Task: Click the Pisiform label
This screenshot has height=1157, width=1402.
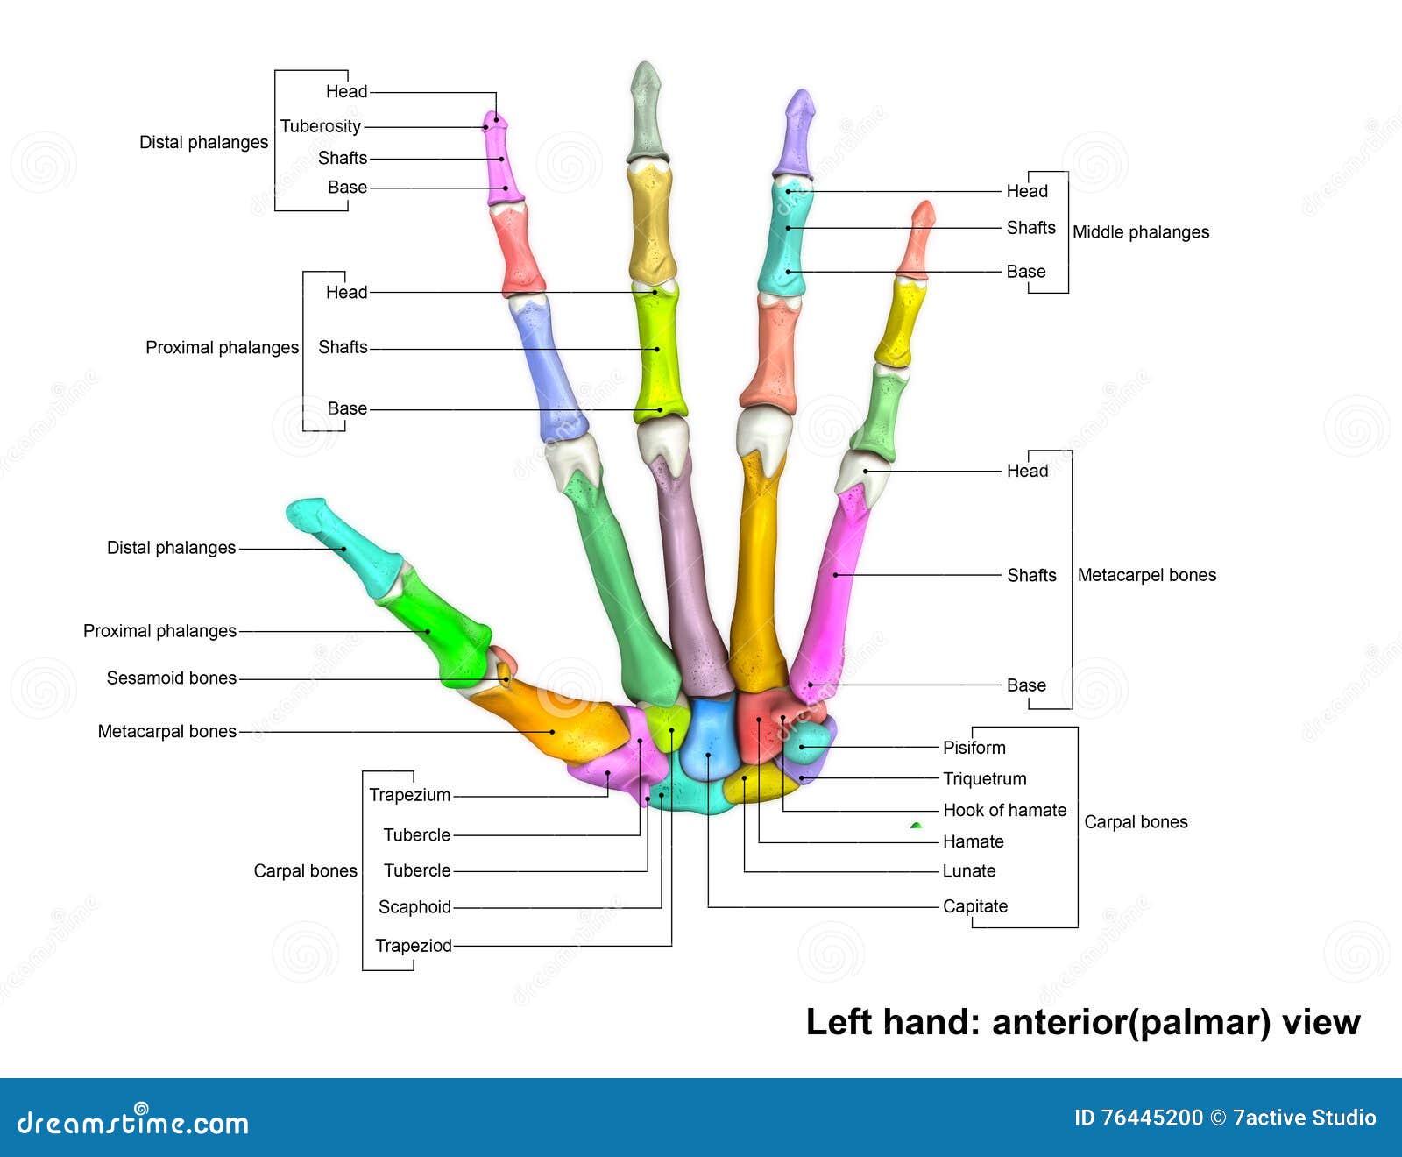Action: click(974, 748)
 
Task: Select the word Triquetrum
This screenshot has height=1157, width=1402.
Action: click(984, 778)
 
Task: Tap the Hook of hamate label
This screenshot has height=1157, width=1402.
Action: click(1004, 810)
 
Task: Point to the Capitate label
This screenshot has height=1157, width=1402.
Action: click(974, 906)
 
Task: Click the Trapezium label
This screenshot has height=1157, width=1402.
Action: click(409, 795)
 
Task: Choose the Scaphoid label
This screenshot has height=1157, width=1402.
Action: click(414, 907)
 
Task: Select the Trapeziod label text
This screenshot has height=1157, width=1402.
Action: click(413, 946)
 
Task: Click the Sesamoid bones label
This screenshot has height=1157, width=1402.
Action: click(171, 678)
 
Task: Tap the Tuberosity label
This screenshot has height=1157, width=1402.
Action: click(320, 126)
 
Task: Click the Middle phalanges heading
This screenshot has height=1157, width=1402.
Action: click(1140, 232)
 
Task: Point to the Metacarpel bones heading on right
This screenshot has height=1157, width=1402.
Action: click(1146, 575)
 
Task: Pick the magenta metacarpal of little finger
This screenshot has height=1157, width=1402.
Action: click(832, 587)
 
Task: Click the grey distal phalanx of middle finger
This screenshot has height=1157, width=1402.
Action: click(646, 114)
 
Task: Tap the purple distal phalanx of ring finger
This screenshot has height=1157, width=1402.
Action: click(796, 136)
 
